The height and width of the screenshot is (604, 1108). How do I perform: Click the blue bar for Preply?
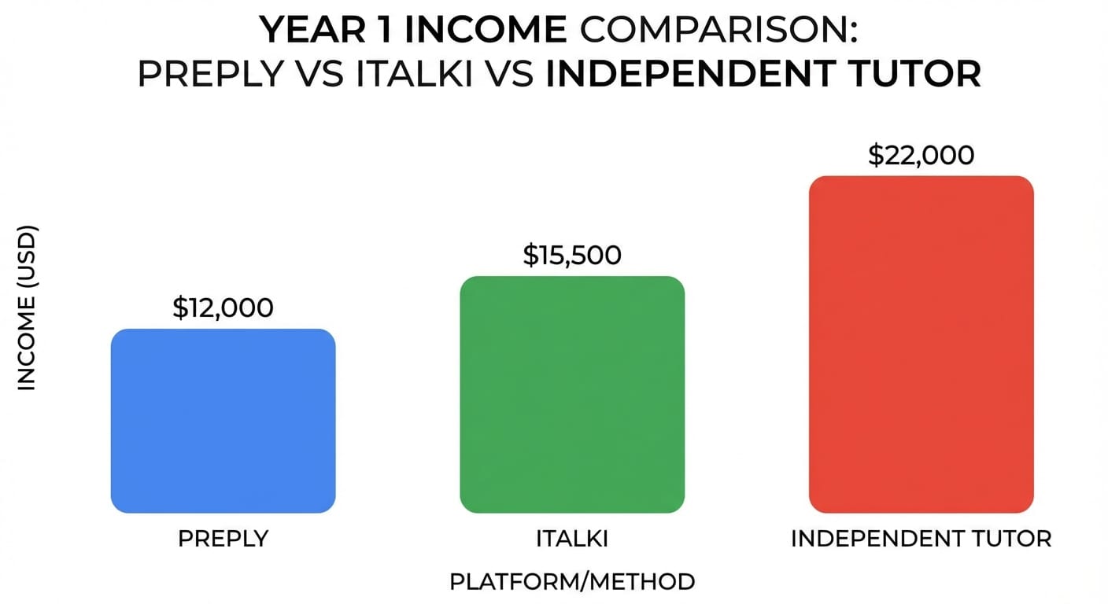point(223,421)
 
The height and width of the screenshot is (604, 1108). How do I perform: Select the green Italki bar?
point(572,394)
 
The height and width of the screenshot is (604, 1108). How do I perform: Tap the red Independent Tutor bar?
point(921,344)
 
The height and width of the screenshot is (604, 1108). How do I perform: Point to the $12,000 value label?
point(223,308)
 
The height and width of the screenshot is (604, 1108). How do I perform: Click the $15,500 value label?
point(572,255)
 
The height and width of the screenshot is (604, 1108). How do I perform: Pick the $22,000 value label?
point(921,155)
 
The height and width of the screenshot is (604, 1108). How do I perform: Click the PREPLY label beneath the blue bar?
point(223,539)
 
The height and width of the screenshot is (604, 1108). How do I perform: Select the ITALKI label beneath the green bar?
point(572,539)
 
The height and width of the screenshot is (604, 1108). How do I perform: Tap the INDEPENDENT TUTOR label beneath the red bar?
point(921,539)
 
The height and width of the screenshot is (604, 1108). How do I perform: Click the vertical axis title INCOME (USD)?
point(27,308)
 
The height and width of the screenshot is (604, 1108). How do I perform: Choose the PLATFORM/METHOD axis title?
point(572,582)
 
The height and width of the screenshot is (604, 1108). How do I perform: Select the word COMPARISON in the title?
point(714,31)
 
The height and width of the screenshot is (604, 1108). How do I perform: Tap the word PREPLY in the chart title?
point(209,74)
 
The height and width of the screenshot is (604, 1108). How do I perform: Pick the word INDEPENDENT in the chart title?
point(693,74)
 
